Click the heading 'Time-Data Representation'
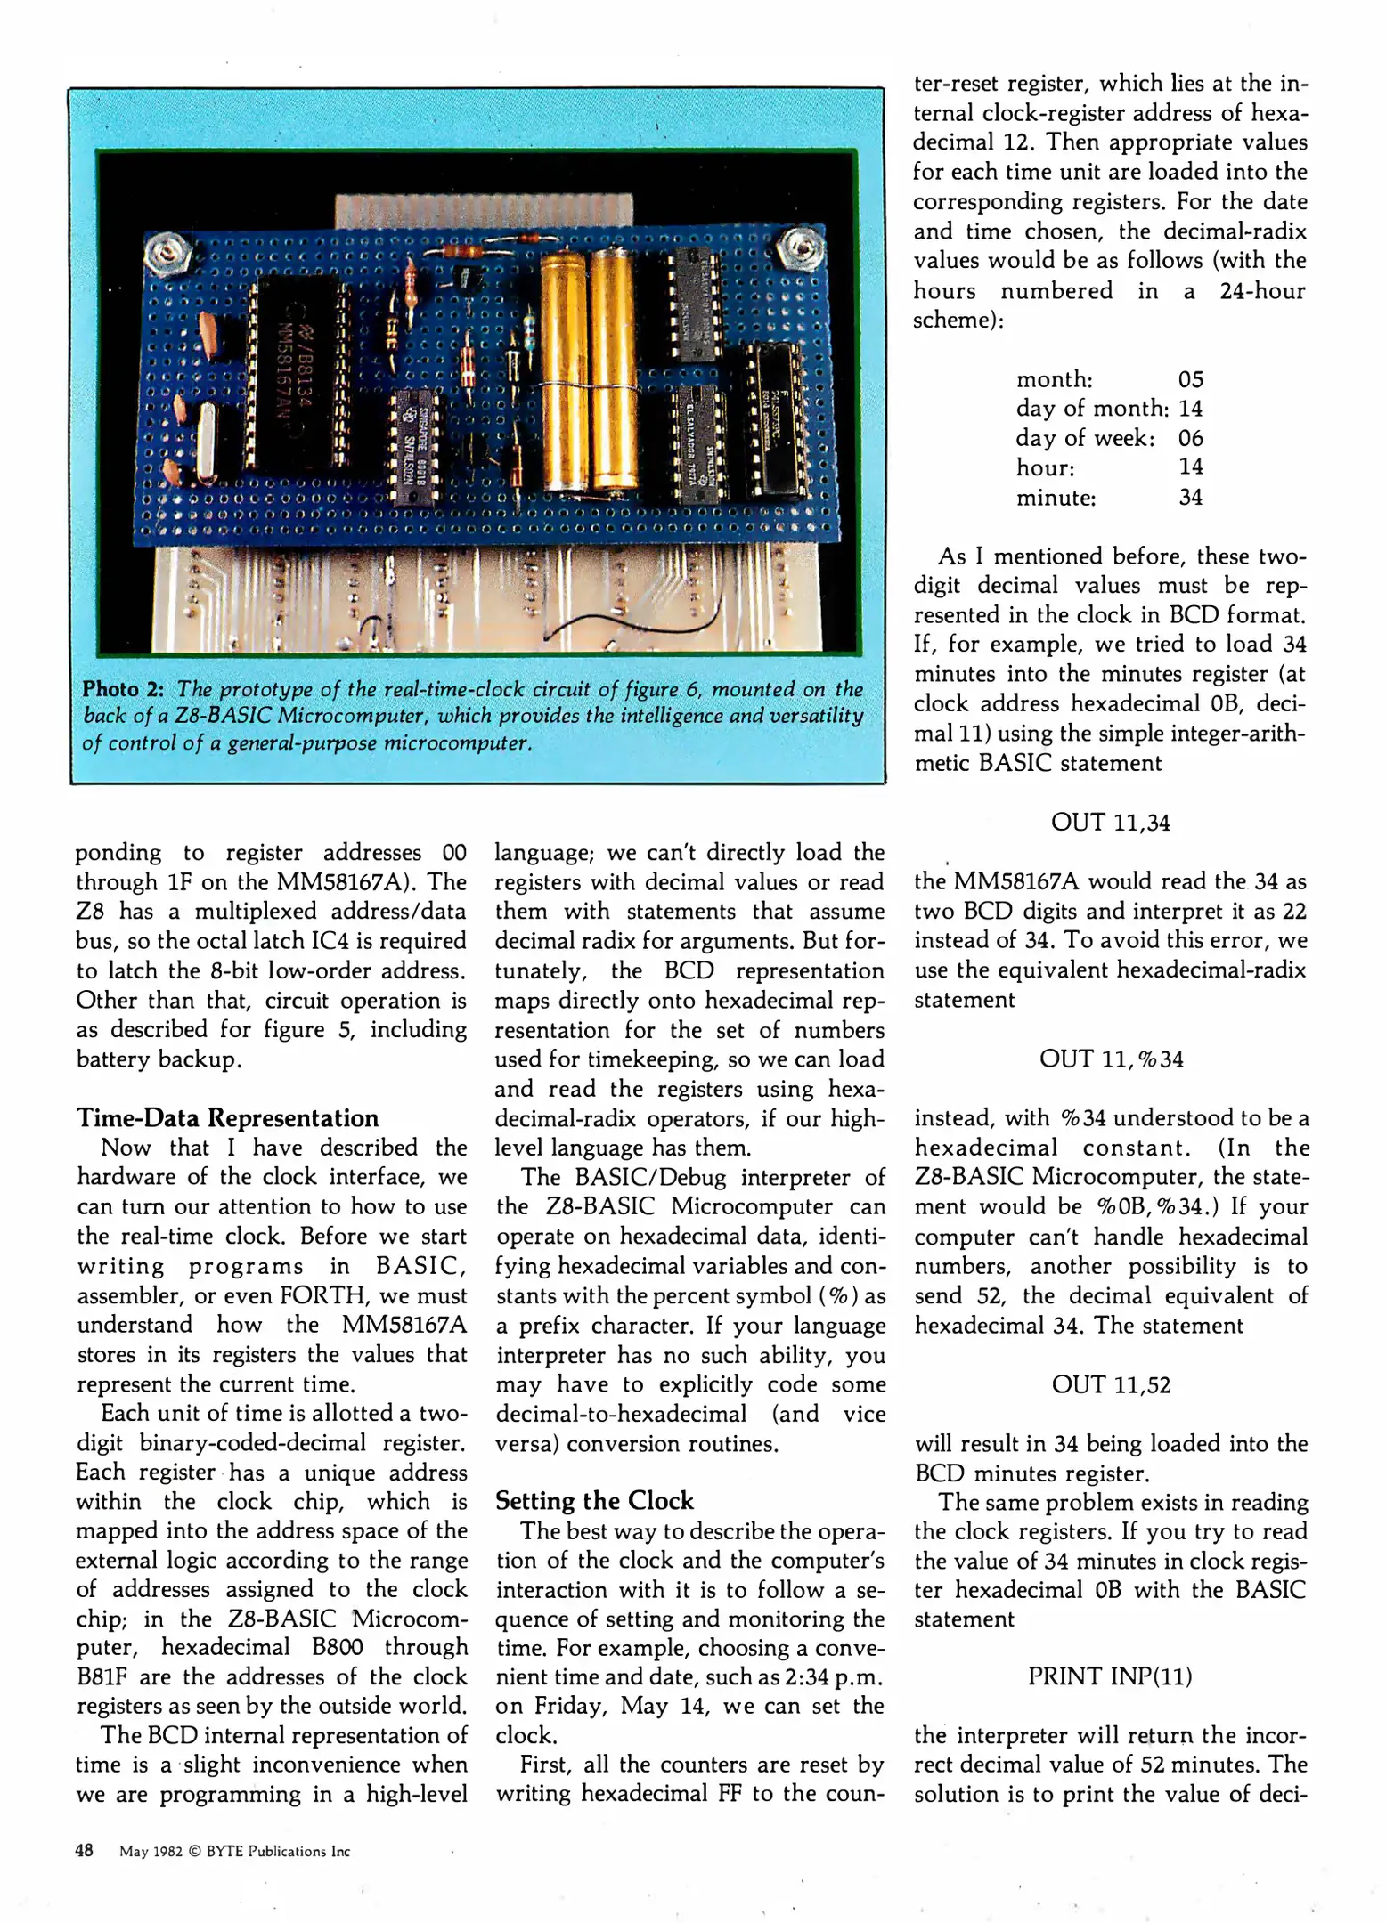coord(227,1117)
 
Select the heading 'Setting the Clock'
coord(594,1500)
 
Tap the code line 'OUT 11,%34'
coord(1111,1059)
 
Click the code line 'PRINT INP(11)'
coord(1110,1676)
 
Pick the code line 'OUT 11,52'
coord(1111,1384)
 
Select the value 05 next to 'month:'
coord(1190,380)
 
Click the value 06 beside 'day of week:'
coord(1190,438)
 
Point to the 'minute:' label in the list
coord(1056,497)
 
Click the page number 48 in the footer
coord(85,1850)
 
